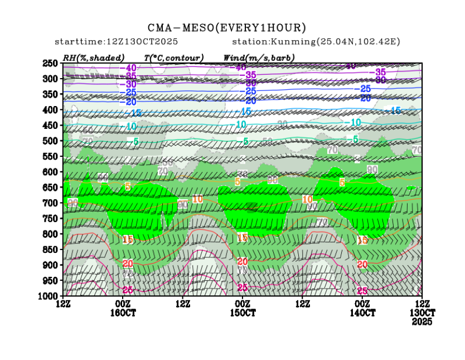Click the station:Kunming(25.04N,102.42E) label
coord(316,42)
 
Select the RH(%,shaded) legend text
coord(94,57)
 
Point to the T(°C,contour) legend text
coord(174,57)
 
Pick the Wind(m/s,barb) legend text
coord(259,57)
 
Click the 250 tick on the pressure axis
coord(51,63)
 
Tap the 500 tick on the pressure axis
coord(51,141)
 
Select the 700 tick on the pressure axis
coord(51,203)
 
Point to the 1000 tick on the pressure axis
coord(50,295)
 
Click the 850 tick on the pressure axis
coord(51,249)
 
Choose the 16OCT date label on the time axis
coord(123,313)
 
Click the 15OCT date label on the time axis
coord(243,313)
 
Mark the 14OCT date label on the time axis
coord(363,313)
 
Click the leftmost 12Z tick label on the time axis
coord(64,304)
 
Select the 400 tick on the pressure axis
coord(51,110)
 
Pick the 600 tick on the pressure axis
coord(51,172)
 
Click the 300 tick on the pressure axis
coord(51,79)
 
